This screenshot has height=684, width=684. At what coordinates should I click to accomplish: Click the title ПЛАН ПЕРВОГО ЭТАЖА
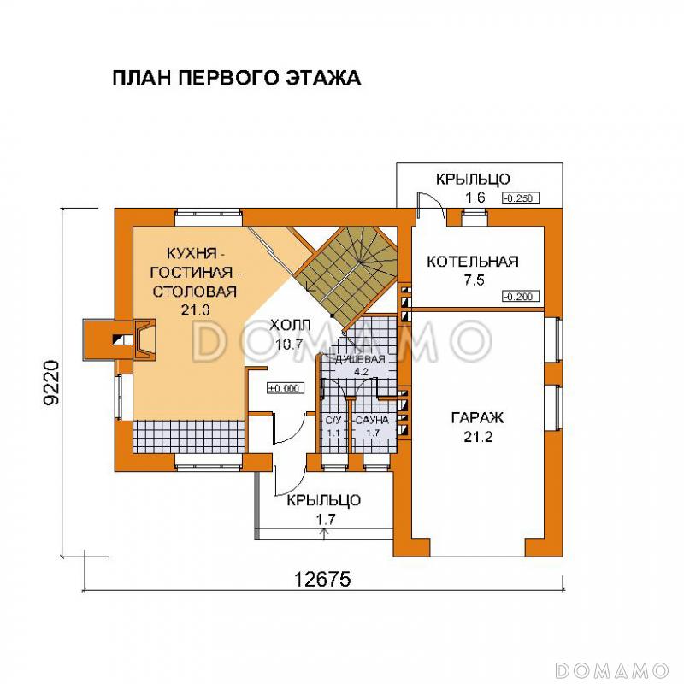[236, 79]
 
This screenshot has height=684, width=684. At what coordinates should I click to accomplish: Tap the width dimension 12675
[323, 578]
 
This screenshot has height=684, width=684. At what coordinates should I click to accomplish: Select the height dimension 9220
[52, 386]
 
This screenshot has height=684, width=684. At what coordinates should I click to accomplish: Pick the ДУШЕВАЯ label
[359, 361]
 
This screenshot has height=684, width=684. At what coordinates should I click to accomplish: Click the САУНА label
[373, 421]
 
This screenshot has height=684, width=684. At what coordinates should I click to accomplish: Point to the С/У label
[333, 421]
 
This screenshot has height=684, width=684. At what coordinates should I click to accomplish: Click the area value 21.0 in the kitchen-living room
[195, 310]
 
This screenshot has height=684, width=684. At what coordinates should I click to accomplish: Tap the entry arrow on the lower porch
[324, 534]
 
